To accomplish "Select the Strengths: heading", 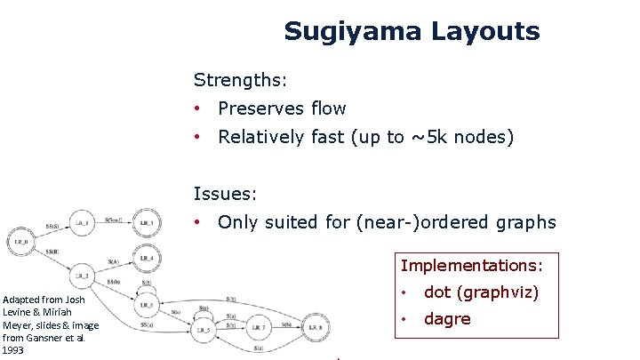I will click(x=240, y=80).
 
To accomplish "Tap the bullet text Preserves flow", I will click(x=282, y=108).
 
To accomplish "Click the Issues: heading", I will click(x=227, y=193).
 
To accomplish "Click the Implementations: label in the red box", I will click(x=471, y=265).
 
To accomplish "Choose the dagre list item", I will click(x=447, y=319).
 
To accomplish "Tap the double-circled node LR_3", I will click(x=147, y=222).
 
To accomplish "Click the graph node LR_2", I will click(x=83, y=276).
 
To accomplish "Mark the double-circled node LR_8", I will click(x=317, y=327).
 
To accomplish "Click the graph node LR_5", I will click(x=203, y=329).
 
